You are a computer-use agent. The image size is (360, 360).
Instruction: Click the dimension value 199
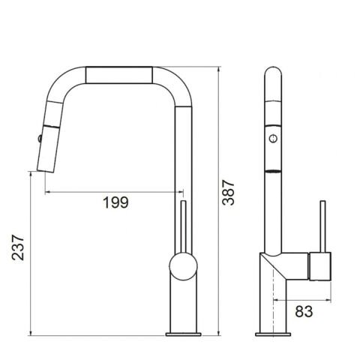click(x=115, y=202)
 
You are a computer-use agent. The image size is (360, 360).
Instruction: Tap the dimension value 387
click(x=229, y=193)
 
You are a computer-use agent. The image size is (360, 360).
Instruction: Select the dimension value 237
click(x=18, y=247)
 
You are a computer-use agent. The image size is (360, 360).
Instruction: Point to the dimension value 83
click(x=304, y=311)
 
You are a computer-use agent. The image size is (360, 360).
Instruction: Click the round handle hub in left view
click(x=183, y=266)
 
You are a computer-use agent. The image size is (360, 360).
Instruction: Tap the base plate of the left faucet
click(x=183, y=334)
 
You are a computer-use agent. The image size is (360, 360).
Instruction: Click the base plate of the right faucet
click(x=273, y=334)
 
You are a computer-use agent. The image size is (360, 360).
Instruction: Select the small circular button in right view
click(x=273, y=138)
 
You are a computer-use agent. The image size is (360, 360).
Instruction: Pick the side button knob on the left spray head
click(x=40, y=138)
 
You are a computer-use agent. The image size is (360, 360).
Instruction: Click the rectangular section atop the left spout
click(x=119, y=75)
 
